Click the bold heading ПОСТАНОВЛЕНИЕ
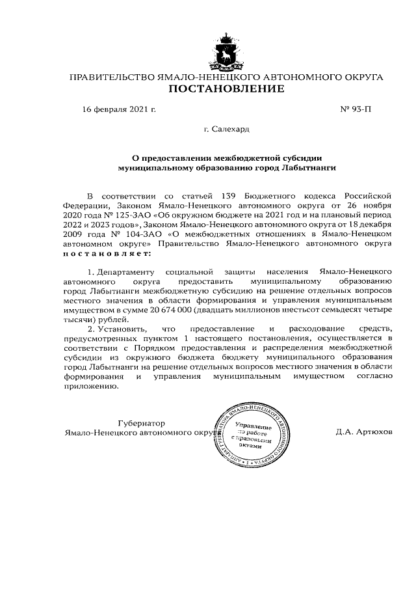(226, 89)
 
